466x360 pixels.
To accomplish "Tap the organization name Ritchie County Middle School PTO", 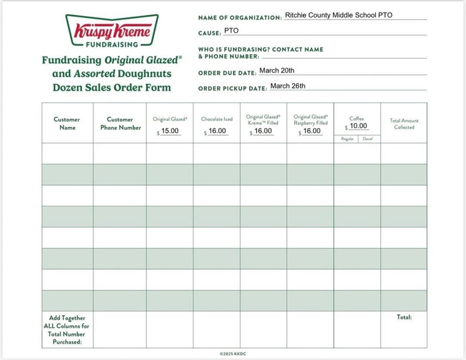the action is tap(338, 15).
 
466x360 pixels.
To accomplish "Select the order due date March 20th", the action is tap(276, 70).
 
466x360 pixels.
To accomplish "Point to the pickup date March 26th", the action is tap(288, 86).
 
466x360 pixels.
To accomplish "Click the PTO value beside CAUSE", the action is tap(231, 30).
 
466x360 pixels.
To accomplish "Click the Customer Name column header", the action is tap(66, 123).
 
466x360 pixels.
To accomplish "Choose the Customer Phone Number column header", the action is tap(120, 123).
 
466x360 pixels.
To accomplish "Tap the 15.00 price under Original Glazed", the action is tap(170, 131).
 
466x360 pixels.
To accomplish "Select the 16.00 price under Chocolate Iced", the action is tap(217, 131).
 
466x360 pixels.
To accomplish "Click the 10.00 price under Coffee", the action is tap(358, 126).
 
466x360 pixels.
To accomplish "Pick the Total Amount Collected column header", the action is tap(404, 124).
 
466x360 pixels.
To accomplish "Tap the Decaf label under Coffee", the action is tap(368, 139).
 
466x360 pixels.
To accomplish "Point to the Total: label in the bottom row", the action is tap(404, 317).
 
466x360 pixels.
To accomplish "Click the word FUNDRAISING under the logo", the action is tap(112, 45).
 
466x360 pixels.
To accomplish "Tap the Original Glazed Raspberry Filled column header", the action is tap(310, 119).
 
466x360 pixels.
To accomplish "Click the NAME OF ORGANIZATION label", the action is tap(240, 17).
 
